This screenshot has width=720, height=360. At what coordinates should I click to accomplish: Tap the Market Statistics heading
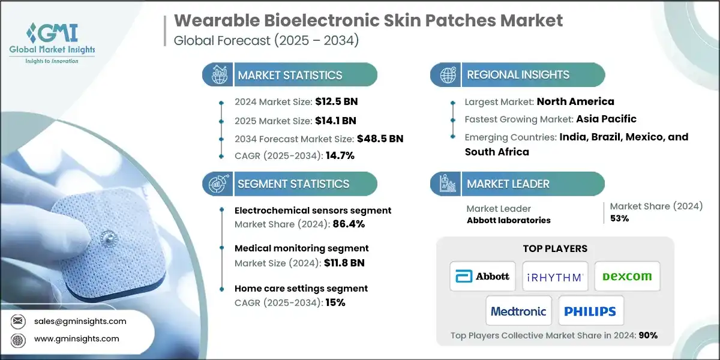click(x=289, y=75)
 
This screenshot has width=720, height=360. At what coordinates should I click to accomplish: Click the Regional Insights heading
click(x=517, y=75)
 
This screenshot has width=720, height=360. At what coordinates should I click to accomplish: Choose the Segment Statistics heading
click(x=293, y=184)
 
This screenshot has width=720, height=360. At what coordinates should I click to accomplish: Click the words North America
click(x=575, y=101)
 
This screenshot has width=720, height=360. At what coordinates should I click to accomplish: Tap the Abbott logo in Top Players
click(x=483, y=276)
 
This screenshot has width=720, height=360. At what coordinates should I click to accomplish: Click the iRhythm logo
click(x=555, y=276)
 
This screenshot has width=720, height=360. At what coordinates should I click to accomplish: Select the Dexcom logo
click(x=627, y=276)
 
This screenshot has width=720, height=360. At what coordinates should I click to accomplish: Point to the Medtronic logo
click(x=518, y=311)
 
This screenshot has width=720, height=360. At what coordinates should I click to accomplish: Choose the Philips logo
click(x=590, y=311)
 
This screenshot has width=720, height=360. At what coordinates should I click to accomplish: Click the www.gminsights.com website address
click(x=76, y=338)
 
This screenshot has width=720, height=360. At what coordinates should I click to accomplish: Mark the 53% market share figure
click(x=619, y=218)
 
